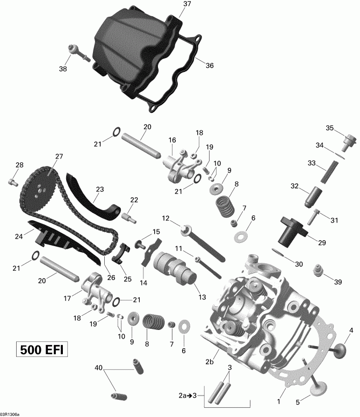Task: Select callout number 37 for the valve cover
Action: point(186,4)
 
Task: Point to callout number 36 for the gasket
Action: point(209,66)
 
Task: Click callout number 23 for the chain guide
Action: point(99,189)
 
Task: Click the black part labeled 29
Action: point(292,231)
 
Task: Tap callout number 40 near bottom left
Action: point(98,368)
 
